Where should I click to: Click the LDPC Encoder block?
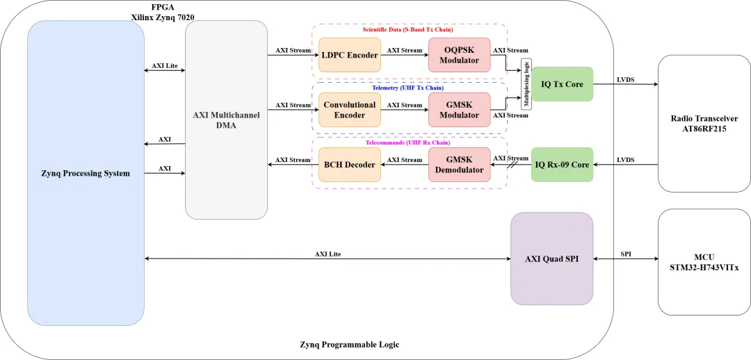click(x=350, y=55)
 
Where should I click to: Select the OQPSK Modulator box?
click(x=459, y=55)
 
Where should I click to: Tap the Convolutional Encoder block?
click(x=350, y=110)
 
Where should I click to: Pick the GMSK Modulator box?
click(x=459, y=110)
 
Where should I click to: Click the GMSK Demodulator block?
click(x=459, y=165)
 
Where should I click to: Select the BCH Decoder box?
click(x=350, y=165)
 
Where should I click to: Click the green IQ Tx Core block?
click(x=562, y=84)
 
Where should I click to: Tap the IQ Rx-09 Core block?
click(x=562, y=165)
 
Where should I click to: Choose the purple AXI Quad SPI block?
click(x=551, y=259)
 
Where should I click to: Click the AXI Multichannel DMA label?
click(x=226, y=120)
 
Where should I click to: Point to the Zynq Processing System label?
click(x=86, y=173)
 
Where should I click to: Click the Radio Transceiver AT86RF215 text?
click(x=704, y=124)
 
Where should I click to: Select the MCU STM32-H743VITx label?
click(x=704, y=262)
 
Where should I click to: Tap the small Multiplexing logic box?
click(x=526, y=84)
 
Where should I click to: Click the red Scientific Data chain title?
click(x=408, y=29)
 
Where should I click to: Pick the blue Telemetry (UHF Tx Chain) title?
click(x=408, y=88)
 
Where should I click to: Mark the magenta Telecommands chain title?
click(x=408, y=142)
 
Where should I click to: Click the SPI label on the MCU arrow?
click(x=626, y=254)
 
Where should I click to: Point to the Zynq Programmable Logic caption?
click(x=350, y=344)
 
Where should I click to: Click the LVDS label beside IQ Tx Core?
click(x=625, y=79)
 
